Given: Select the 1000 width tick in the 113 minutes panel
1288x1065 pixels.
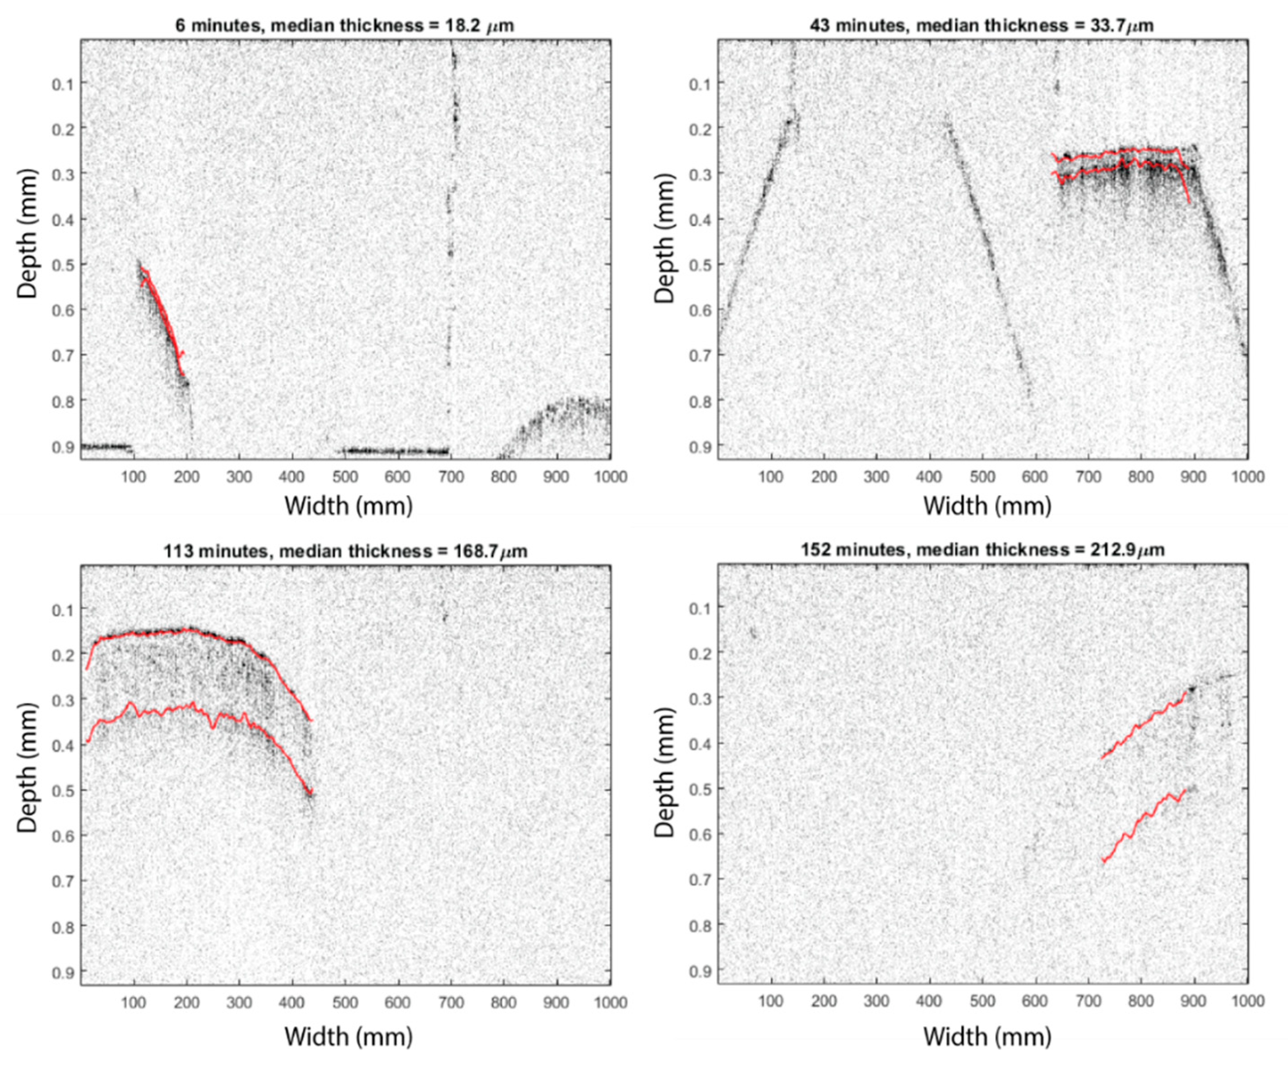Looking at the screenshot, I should [610, 1002].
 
